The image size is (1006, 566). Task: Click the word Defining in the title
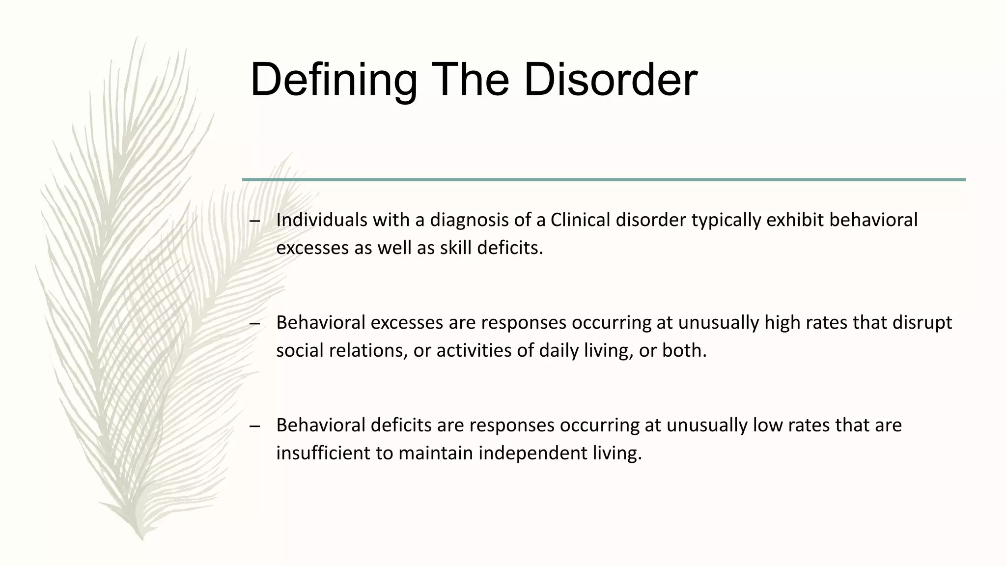click(x=334, y=80)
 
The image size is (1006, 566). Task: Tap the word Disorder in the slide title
click(x=610, y=80)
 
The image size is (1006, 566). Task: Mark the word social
click(x=300, y=351)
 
